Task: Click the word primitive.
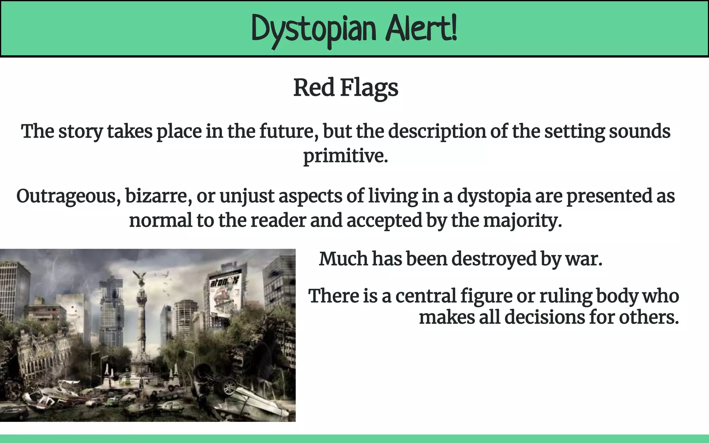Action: (x=345, y=156)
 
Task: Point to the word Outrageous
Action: (x=68, y=196)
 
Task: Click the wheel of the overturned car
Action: (x=229, y=386)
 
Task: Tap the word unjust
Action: (x=247, y=196)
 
